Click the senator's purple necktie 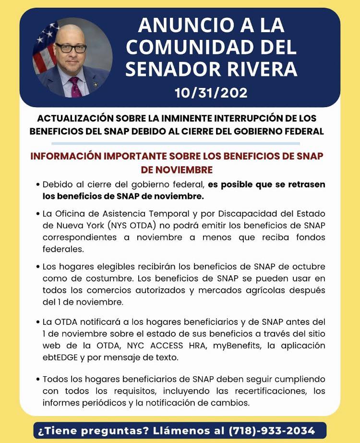click(74, 86)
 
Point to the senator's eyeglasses click(71, 48)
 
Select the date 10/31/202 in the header click(211, 92)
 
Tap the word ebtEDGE click(62, 357)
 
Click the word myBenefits click(226, 346)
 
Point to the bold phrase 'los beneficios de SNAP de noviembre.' click(123, 196)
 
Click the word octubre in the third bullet click(306, 267)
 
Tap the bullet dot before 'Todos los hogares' click(37, 380)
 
